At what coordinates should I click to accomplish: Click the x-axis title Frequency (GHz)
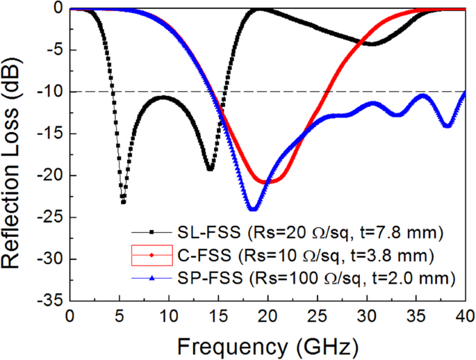pyautogui.click(x=268, y=345)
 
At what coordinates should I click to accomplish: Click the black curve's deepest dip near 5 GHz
pyautogui.click(x=123, y=202)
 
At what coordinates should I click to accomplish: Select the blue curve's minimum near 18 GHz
pyautogui.click(x=253, y=208)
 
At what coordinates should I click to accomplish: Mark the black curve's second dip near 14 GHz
pyautogui.click(x=210, y=169)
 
